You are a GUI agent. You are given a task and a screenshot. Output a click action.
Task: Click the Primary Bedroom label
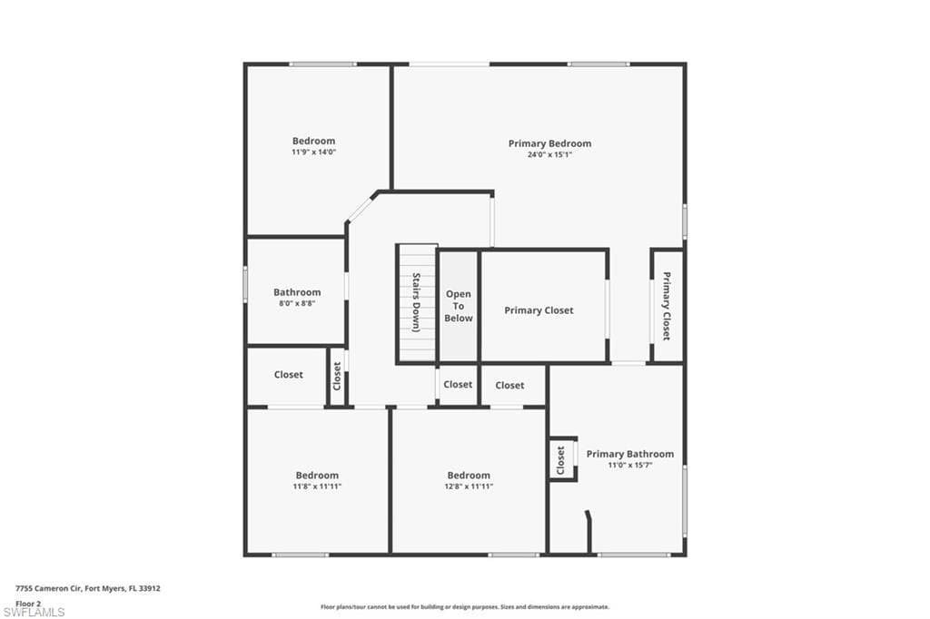pyautogui.click(x=549, y=143)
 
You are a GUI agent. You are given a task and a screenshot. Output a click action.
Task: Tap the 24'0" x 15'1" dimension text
pyautogui.click(x=549, y=154)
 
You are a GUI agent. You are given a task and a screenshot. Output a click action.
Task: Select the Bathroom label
pyautogui.click(x=297, y=292)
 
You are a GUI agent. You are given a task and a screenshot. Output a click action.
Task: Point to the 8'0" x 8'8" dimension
pyautogui.click(x=297, y=303)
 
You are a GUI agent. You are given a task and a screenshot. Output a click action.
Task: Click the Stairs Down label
pyautogui.click(x=416, y=302)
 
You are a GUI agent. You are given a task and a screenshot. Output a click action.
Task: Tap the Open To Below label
pyautogui.click(x=459, y=306)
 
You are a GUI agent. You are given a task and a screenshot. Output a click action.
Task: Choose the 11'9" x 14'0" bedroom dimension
pyautogui.click(x=313, y=152)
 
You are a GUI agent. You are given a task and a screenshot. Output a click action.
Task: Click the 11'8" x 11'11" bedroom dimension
pyautogui.click(x=317, y=486)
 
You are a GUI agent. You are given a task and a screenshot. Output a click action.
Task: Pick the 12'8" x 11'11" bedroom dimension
pyautogui.click(x=469, y=486)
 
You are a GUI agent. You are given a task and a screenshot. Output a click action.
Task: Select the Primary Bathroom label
pyautogui.click(x=630, y=454)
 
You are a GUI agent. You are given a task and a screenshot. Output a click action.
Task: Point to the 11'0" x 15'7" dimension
pyautogui.click(x=630, y=466)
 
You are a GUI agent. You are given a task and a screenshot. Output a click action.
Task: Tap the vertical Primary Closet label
pyautogui.click(x=667, y=306)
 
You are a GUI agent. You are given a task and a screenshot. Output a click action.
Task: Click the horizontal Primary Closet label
pyautogui.click(x=539, y=310)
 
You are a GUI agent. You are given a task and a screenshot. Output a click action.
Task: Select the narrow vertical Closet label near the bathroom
pyautogui.click(x=337, y=376)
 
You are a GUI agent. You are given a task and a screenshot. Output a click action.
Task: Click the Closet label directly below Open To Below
pyautogui.click(x=458, y=384)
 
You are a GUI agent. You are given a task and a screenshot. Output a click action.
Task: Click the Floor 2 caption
pyautogui.click(x=28, y=604)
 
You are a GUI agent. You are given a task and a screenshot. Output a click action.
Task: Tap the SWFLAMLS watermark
pyautogui.click(x=34, y=612)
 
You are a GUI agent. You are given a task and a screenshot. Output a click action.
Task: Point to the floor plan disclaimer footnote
pyautogui.click(x=465, y=607)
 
